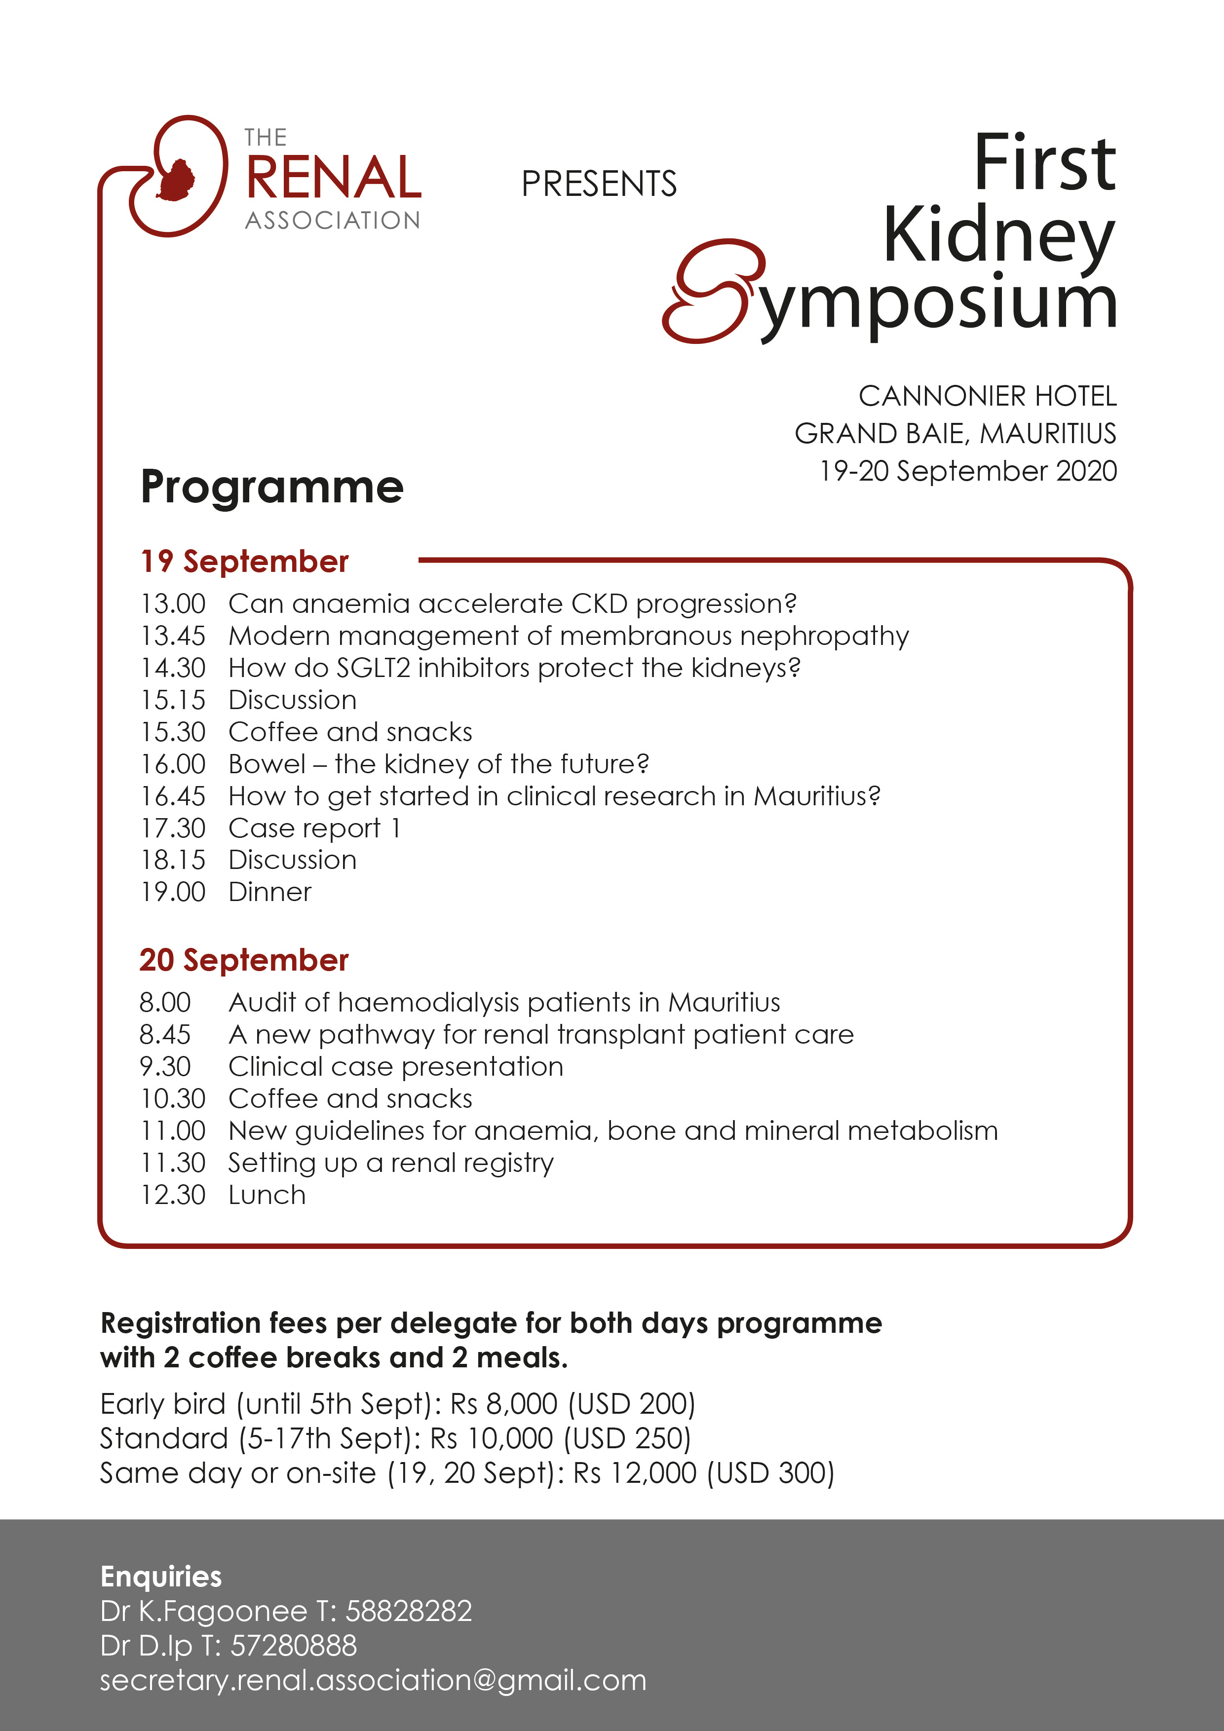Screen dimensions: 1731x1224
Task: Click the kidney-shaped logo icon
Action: pyautogui.click(x=179, y=177)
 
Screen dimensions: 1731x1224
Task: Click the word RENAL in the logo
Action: pyautogui.click(x=333, y=179)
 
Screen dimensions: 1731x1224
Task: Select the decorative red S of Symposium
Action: pyautogui.click(x=713, y=292)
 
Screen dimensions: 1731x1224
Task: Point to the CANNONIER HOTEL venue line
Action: pyautogui.click(x=987, y=396)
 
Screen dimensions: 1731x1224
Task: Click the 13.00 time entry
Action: pyautogui.click(x=173, y=604)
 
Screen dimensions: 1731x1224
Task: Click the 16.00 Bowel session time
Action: pyautogui.click(x=173, y=764)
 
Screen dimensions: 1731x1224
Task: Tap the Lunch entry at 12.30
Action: pyautogui.click(x=267, y=1196)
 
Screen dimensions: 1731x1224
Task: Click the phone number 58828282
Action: pyautogui.click(x=408, y=1611)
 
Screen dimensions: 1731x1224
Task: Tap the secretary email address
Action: pyautogui.click(x=373, y=1681)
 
